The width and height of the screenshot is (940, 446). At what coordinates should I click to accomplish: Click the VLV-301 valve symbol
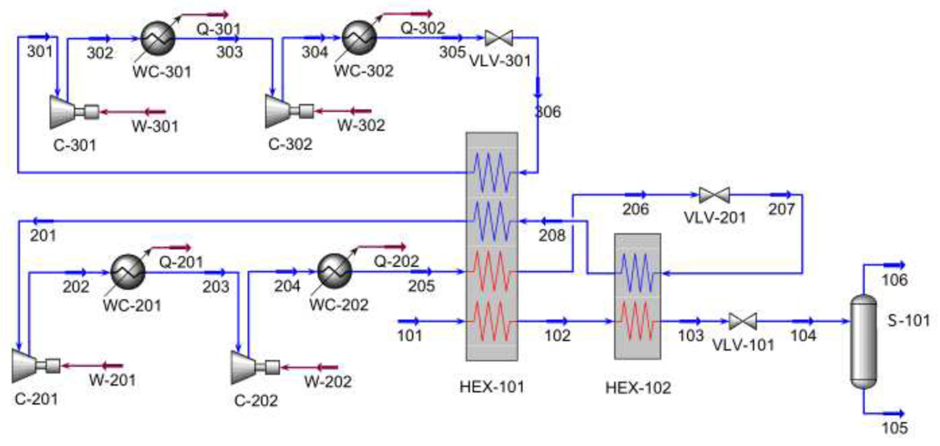click(498, 38)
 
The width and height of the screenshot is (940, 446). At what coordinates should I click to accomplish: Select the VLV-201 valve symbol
click(714, 195)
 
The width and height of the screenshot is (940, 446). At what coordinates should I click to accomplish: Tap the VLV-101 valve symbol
click(743, 322)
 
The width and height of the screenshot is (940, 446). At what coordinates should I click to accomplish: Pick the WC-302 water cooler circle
click(359, 38)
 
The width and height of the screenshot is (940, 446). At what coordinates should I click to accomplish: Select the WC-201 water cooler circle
click(128, 272)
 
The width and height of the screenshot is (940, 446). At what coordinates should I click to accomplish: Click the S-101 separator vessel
click(863, 342)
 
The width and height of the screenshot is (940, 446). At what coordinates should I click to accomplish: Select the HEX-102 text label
click(638, 388)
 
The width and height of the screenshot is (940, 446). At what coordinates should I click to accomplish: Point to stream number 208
click(552, 235)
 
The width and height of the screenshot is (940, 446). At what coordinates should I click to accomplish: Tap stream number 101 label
click(409, 335)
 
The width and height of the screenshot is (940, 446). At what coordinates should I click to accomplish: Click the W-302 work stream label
click(361, 126)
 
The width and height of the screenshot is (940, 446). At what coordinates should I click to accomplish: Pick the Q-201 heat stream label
click(181, 262)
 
